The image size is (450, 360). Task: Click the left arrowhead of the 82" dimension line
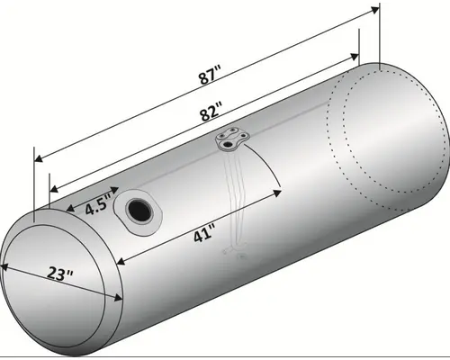(x=50, y=189)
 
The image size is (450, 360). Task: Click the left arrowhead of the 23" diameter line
(x=4, y=265)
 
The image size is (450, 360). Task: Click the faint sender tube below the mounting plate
(x=235, y=207)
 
